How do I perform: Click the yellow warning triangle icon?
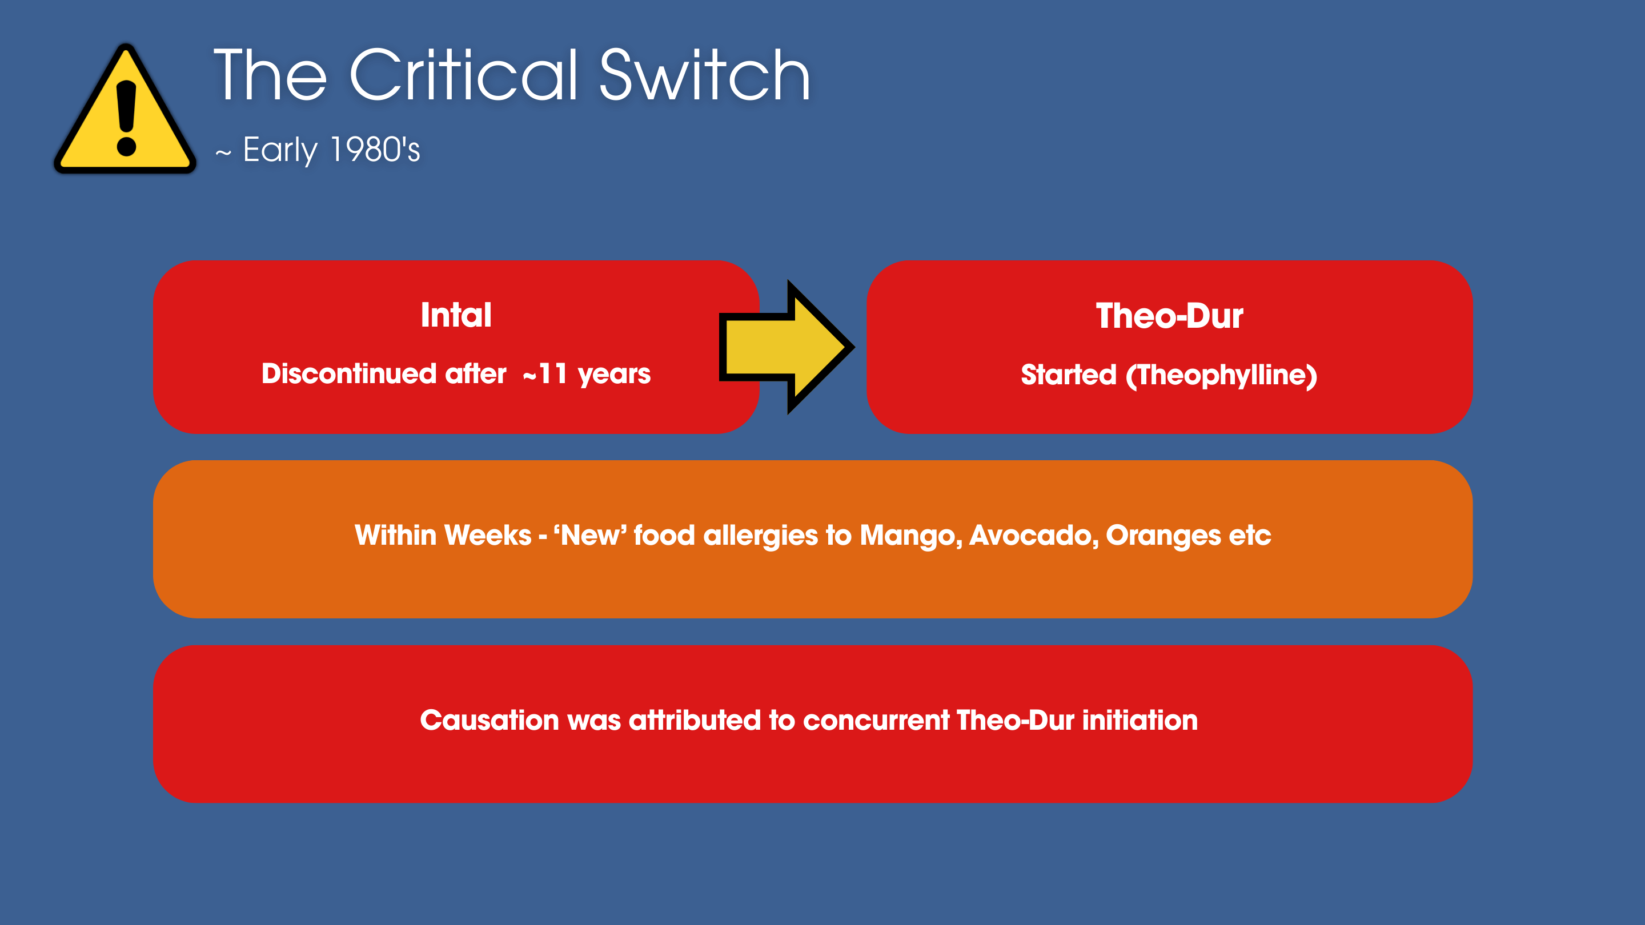125,110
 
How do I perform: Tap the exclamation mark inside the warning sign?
126,119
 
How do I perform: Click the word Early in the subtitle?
280,151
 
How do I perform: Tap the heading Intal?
456,315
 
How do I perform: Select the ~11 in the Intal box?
545,374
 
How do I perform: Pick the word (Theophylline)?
1221,375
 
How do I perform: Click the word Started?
1068,375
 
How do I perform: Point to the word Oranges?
1163,536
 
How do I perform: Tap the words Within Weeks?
443,535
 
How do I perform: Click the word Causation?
489,720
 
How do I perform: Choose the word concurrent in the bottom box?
876,721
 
